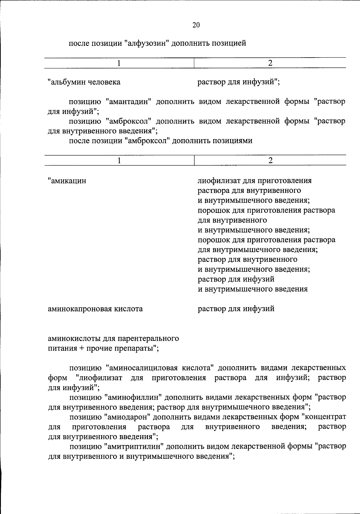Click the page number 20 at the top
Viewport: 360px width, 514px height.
tap(196, 25)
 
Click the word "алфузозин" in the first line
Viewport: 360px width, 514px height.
tap(146, 43)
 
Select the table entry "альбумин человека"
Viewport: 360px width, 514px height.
tap(84, 82)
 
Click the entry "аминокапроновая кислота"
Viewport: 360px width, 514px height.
tap(95, 309)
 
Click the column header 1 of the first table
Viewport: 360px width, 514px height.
tap(119, 63)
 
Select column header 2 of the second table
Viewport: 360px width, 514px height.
tap(270, 160)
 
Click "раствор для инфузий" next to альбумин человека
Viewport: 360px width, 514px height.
tap(238, 82)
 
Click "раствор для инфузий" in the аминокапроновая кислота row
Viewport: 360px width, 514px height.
tap(236, 309)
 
